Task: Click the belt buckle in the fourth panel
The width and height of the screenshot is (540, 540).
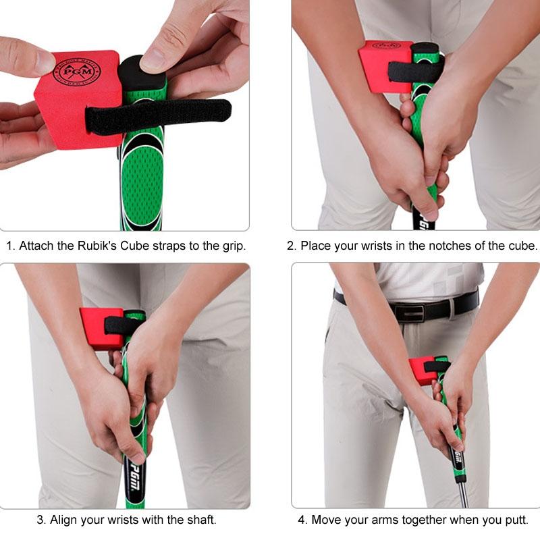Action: point(411,311)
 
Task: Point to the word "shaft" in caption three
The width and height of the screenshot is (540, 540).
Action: point(201,520)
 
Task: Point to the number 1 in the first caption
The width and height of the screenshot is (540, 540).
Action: point(9,246)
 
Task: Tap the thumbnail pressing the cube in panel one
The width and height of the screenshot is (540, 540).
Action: point(45,62)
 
